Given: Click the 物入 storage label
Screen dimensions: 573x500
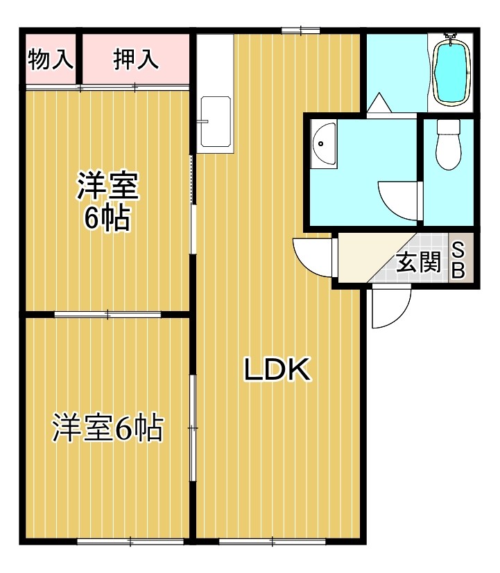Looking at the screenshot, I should (x=51, y=60).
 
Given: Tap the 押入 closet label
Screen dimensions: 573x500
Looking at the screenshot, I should (x=136, y=60).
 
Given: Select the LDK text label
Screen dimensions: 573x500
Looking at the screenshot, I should (x=276, y=371).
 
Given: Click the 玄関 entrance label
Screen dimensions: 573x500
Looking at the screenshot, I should (x=418, y=263).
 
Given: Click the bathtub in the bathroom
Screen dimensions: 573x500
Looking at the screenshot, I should (x=452, y=71).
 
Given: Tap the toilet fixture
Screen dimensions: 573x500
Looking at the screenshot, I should (x=449, y=143).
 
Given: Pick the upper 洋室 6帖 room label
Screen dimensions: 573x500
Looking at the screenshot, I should (x=107, y=202).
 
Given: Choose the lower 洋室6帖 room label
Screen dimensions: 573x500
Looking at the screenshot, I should (x=107, y=428).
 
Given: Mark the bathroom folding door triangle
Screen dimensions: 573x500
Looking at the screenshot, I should (x=379, y=105).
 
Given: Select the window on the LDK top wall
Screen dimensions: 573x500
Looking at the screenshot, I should (x=300, y=30).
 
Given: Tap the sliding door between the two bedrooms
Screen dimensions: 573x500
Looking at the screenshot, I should (x=107, y=315).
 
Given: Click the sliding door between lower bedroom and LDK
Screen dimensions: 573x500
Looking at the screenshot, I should (x=193, y=430).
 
